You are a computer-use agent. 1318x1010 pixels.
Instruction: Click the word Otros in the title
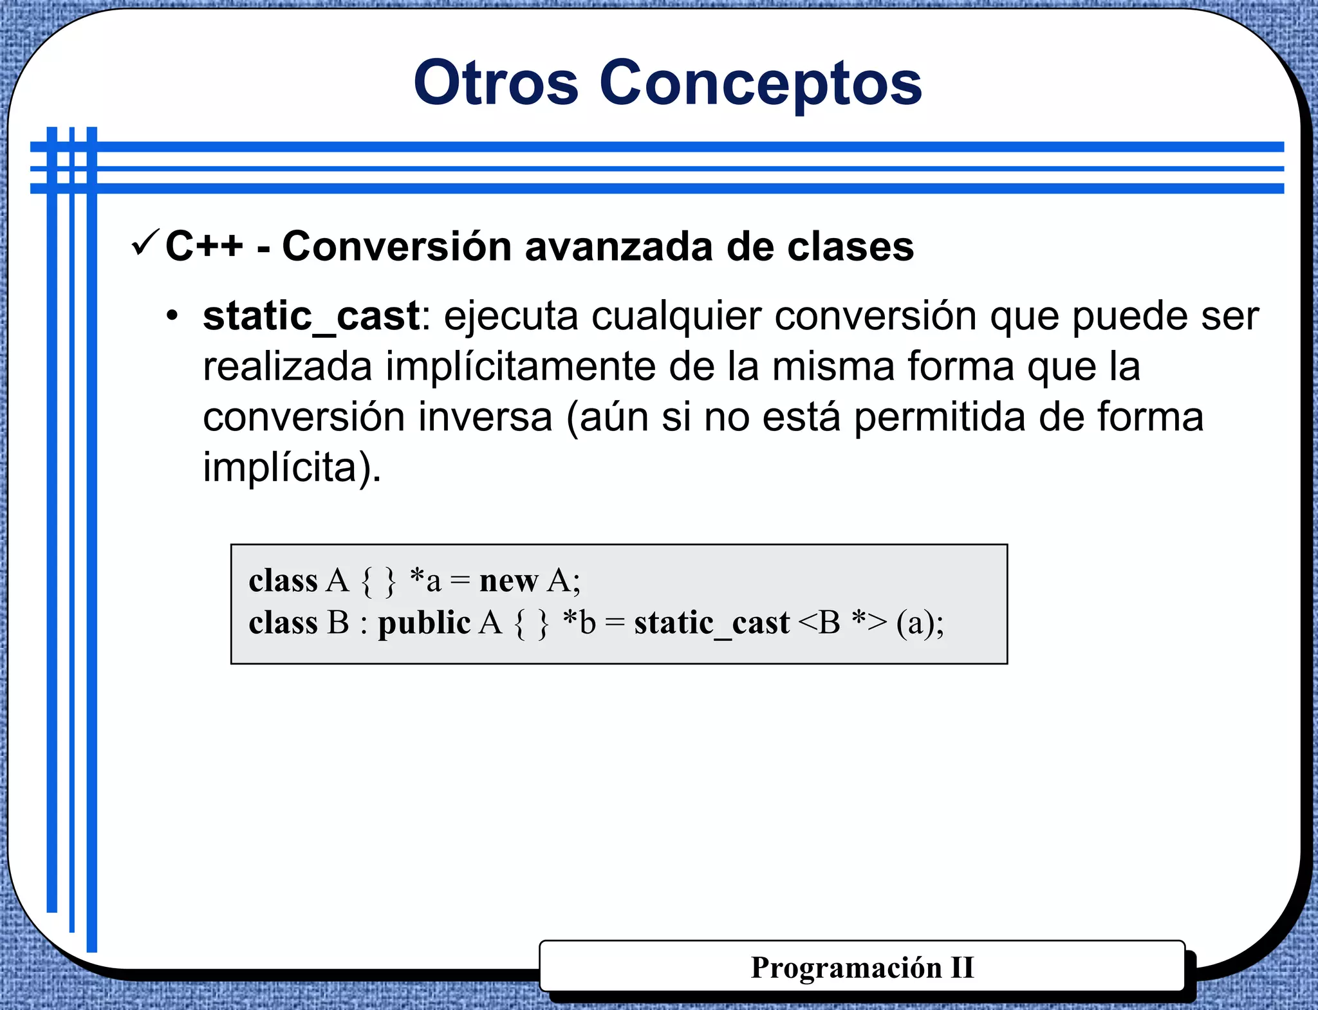tap(496, 83)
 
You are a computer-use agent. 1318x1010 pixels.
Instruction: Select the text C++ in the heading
tap(204, 246)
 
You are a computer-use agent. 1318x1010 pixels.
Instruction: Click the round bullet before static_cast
tap(171, 316)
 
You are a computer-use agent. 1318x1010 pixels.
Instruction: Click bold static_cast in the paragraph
tap(311, 317)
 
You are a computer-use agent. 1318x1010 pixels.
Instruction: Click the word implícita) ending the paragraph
tap(292, 467)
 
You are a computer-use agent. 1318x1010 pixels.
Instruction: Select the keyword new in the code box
tap(508, 580)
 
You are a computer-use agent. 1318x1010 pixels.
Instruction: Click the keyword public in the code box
tap(424, 623)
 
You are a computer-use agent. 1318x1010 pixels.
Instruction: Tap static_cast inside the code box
tap(711, 623)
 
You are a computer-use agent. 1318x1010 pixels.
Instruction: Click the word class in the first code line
tap(283, 580)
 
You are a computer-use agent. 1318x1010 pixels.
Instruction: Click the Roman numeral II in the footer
tap(962, 968)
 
